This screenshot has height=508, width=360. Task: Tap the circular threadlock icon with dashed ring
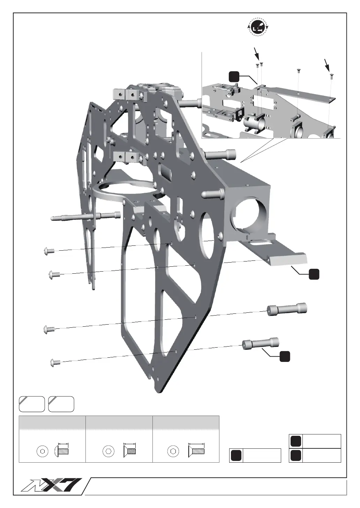[x=257, y=28]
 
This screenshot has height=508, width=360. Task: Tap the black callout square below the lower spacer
[x=285, y=356]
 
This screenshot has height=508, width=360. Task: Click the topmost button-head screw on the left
[x=48, y=251]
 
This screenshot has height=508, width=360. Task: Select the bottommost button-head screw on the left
[x=55, y=362]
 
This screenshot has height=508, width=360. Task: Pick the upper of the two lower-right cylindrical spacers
[x=287, y=309]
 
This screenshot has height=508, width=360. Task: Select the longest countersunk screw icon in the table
[x=196, y=451]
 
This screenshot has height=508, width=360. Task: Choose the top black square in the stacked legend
[x=295, y=441]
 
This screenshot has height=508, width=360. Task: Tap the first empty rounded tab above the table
[x=32, y=404]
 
